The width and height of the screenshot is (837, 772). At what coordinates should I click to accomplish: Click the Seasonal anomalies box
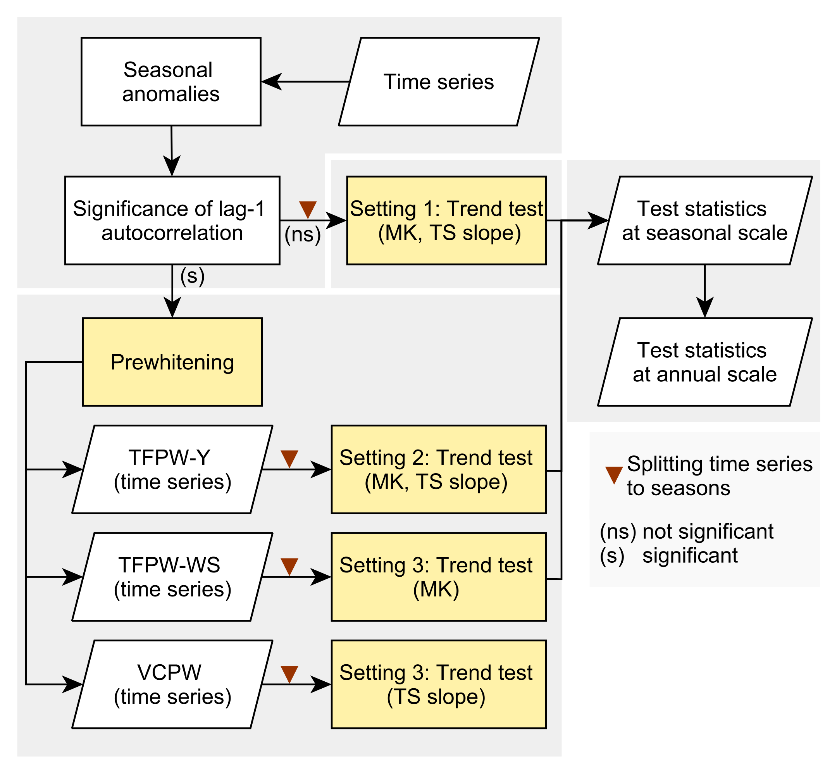click(171, 81)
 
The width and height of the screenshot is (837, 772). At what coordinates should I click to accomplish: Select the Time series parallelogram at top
click(439, 81)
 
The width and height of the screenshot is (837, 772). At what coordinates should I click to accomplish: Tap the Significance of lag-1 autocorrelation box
click(172, 220)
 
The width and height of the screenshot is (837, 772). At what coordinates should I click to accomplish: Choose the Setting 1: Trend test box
click(446, 220)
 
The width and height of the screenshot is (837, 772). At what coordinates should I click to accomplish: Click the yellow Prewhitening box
click(172, 362)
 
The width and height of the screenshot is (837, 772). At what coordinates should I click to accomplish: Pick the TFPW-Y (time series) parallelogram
click(172, 469)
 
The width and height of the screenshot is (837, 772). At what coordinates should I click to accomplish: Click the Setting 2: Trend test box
click(439, 469)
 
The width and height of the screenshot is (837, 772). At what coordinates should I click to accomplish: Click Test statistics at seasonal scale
click(704, 220)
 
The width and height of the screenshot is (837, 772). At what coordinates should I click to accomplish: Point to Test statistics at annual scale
click(704, 362)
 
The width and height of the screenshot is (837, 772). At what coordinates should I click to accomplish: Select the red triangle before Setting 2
click(289, 458)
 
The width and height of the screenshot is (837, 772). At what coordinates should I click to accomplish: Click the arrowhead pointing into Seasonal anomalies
click(270, 81)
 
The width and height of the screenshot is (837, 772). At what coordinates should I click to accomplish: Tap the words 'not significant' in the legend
click(708, 531)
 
